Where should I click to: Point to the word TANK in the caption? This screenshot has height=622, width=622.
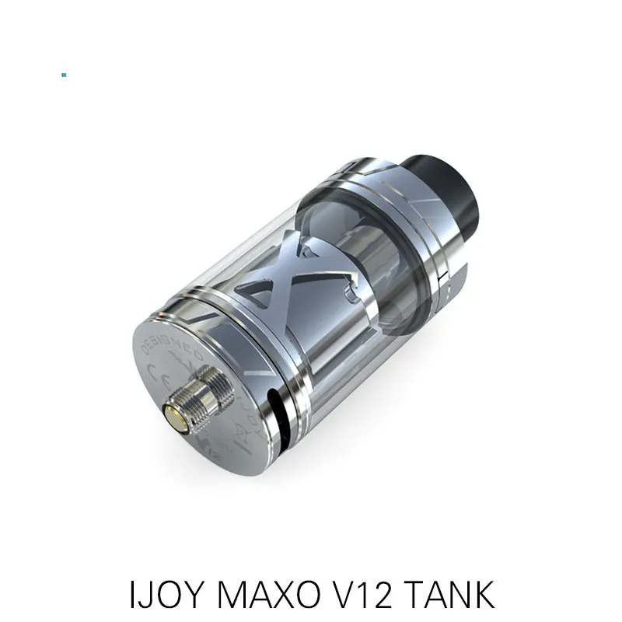click(449, 595)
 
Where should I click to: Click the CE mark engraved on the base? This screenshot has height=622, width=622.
click(153, 380)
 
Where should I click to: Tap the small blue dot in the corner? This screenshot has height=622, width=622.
click(64, 75)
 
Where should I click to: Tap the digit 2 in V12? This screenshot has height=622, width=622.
click(380, 595)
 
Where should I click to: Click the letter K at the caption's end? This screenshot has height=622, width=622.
click(481, 595)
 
